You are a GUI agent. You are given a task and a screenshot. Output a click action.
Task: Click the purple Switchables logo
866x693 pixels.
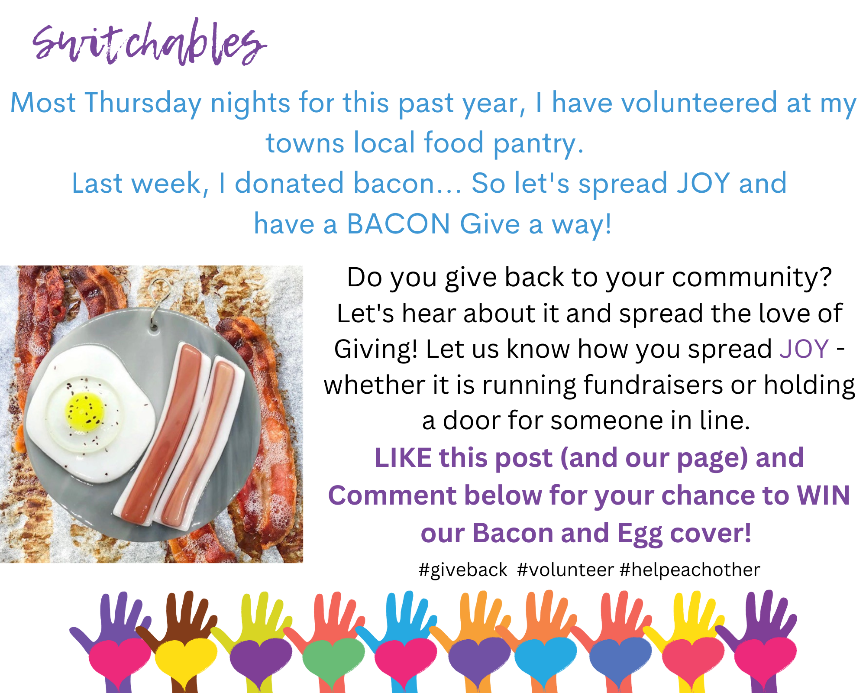pyautogui.click(x=149, y=42)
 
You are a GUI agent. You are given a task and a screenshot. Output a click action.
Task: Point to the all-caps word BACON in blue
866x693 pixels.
pyautogui.click(x=398, y=224)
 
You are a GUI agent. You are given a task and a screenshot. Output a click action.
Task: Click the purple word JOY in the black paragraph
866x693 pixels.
pyautogui.click(x=804, y=349)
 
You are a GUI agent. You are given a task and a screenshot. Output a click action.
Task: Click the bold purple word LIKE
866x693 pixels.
pyautogui.click(x=403, y=458)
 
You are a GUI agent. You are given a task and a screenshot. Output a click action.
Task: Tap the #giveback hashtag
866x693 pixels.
pyautogui.click(x=463, y=570)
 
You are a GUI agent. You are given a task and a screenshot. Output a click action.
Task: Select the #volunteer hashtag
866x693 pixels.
pyautogui.click(x=565, y=570)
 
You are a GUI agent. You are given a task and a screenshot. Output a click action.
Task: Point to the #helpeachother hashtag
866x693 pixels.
pyautogui.click(x=690, y=570)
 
